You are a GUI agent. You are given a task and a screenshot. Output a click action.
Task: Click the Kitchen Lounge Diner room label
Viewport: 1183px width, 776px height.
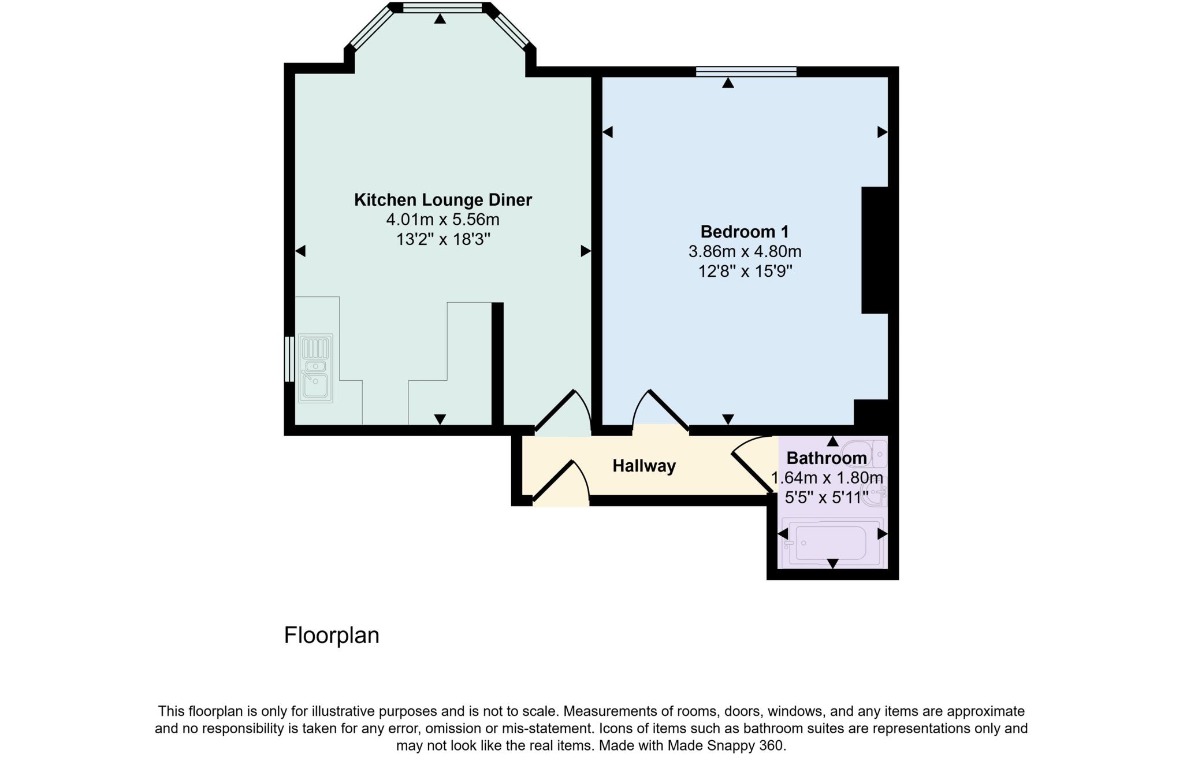click(442, 200)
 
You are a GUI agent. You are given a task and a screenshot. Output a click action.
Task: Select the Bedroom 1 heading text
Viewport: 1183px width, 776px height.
click(744, 232)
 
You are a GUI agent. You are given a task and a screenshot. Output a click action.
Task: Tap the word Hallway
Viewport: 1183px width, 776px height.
click(643, 466)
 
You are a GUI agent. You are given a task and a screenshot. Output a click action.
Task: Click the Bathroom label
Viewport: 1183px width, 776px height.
click(826, 458)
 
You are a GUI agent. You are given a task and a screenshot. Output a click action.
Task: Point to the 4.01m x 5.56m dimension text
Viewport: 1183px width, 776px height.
click(442, 220)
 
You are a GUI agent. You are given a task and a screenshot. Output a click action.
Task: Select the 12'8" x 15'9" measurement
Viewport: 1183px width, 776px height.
click(745, 271)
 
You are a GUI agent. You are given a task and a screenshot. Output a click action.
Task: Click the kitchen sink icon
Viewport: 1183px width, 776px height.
click(315, 368)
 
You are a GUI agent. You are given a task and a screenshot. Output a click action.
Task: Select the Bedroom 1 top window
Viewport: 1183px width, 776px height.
click(746, 72)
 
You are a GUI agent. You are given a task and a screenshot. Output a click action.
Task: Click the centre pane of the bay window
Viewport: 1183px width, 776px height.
click(442, 8)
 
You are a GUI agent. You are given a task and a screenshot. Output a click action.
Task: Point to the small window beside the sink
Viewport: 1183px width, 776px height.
click(289, 359)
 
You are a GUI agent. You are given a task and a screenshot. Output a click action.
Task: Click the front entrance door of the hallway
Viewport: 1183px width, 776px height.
click(560, 482)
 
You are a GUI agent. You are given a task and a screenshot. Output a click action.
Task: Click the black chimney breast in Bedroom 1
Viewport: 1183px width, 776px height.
click(875, 250)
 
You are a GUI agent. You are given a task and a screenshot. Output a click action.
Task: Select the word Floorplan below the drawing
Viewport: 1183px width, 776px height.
click(332, 635)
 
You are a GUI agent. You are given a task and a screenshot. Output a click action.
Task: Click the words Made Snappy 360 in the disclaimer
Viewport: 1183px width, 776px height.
click(727, 745)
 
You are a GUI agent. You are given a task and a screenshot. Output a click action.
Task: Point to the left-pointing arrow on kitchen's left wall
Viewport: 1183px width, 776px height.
click(300, 251)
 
